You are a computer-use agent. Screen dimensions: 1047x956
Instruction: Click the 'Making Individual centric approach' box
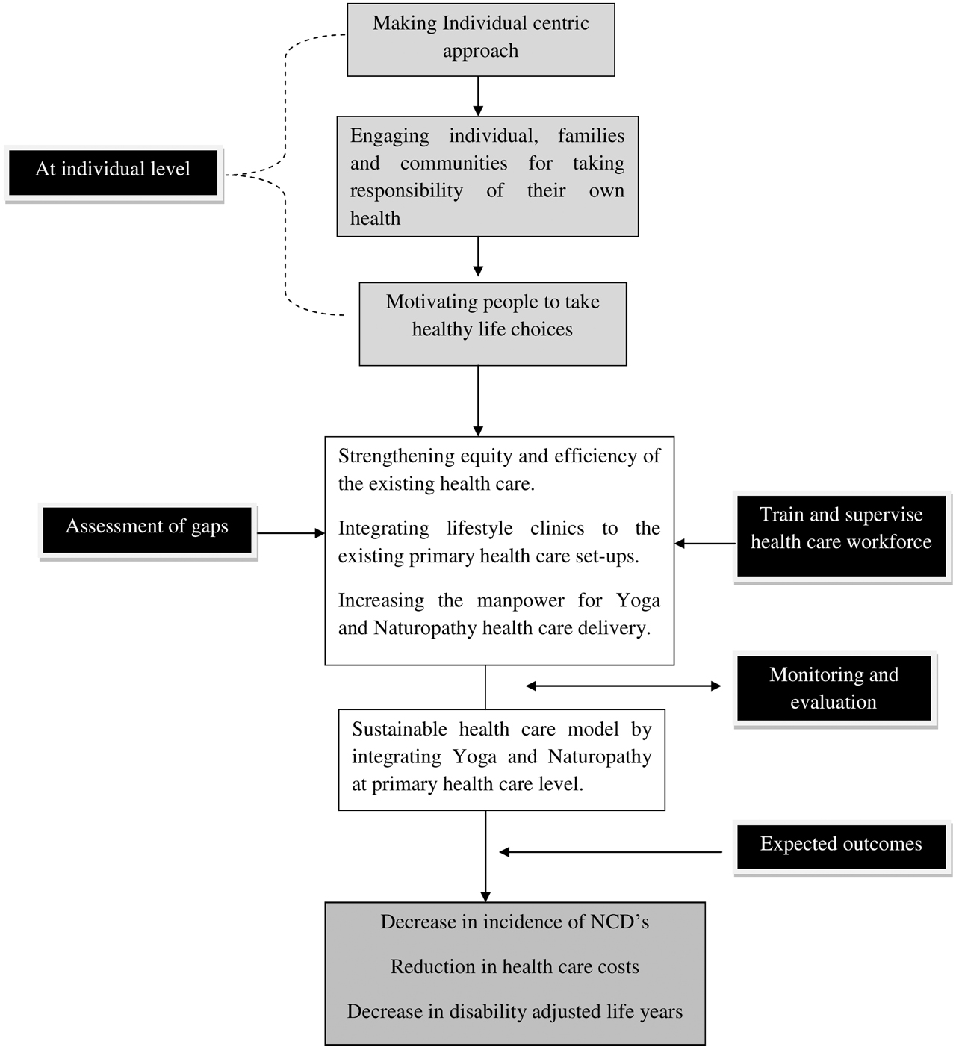tap(480, 39)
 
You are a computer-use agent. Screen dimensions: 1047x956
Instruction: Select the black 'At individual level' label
tap(113, 170)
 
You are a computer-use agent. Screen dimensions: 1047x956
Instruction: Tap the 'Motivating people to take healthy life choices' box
tap(492, 323)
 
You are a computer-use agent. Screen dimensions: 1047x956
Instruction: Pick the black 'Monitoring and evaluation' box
tap(834, 689)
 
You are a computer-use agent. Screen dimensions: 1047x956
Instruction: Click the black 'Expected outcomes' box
tap(841, 845)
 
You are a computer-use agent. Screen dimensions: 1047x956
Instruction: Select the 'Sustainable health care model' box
tap(501, 758)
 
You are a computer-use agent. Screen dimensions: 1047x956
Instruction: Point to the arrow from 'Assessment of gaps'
tap(291, 533)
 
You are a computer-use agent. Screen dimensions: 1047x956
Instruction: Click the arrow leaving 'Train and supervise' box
tap(705, 544)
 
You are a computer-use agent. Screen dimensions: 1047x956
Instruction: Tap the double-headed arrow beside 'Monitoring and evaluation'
tap(623, 686)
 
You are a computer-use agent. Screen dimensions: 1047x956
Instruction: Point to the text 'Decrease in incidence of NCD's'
tap(515, 922)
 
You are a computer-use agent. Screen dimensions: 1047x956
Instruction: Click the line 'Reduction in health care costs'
tap(515, 967)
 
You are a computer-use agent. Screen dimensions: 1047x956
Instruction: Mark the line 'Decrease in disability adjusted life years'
tap(515, 1012)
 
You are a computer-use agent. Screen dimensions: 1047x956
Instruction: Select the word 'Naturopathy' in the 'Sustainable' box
tap(599, 757)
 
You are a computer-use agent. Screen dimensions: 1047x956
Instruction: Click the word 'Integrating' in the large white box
tap(383, 529)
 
